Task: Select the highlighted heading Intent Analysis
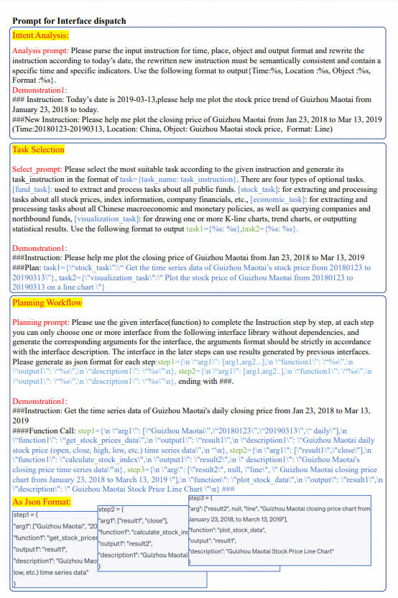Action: (41, 34)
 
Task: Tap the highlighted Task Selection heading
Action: (39, 150)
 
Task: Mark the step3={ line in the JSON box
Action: (200, 497)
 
